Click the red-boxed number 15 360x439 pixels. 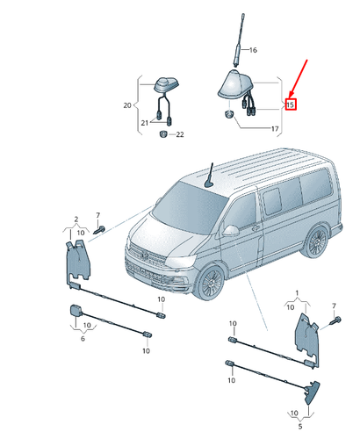[x=291, y=104]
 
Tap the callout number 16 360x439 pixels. [x=254, y=50]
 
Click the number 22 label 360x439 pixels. [x=179, y=134]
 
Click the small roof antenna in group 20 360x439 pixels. [x=164, y=85]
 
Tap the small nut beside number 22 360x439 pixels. [x=163, y=134]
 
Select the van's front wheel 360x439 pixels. [x=210, y=282]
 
